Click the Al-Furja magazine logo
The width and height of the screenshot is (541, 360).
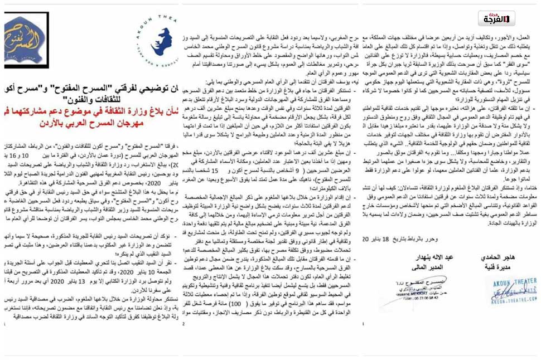click(496, 18)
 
